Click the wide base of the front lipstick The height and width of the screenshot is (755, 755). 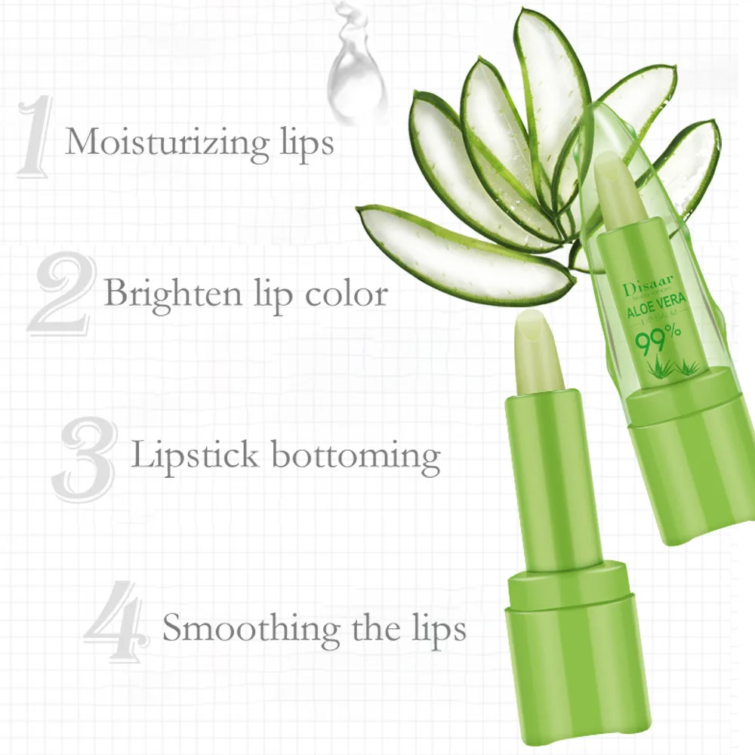pyautogui.click(x=566, y=657)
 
